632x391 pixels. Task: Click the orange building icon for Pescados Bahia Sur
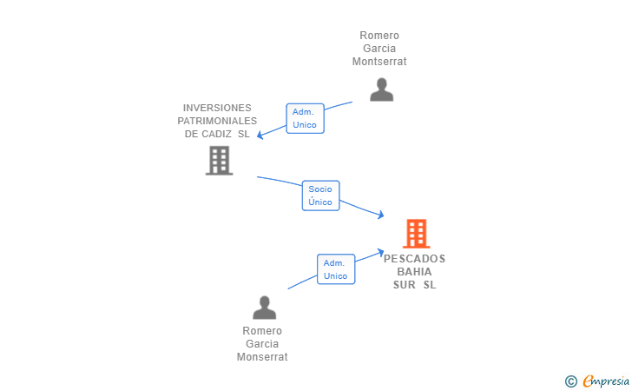click(x=416, y=234)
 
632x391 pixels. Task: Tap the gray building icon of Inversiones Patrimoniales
click(x=219, y=160)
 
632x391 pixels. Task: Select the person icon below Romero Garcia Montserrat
click(x=381, y=89)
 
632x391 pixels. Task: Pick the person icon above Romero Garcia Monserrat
click(x=264, y=308)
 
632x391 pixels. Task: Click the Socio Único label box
click(x=320, y=195)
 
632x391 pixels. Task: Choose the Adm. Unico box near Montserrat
click(x=305, y=118)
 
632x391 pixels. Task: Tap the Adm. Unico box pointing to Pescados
click(x=335, y=269)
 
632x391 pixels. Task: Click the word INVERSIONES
click(x=216, y=108)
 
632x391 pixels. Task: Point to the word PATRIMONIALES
click(x=217, y=121)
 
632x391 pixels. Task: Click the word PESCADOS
click(x=414, y=259)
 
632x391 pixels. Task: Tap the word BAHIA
click(x=414, y=272)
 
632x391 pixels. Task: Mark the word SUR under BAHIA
click(x=405, y=285)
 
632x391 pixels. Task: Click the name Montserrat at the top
click(x=379, y=62)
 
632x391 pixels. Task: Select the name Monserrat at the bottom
click(x=262, y=357)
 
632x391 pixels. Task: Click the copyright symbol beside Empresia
click(x=570, y=381)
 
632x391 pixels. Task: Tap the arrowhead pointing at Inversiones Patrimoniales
click(x=260, y=135)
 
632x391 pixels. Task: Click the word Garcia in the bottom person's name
click(x=262, y=344)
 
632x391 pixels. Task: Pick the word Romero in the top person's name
click(x=379, y=36)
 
